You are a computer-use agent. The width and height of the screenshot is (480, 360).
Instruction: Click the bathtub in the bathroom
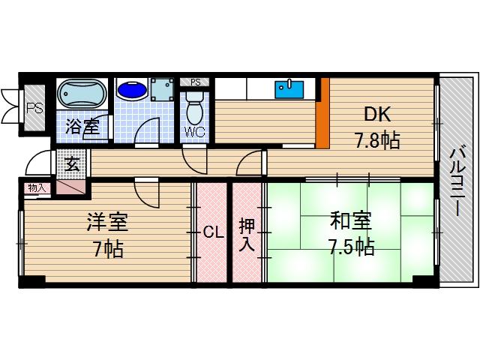coord(82,94)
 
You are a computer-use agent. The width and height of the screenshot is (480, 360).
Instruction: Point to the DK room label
coord(378,115)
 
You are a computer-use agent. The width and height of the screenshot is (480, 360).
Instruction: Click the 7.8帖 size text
coord(376,139)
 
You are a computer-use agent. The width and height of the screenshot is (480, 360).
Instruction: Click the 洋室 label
coord(107,223)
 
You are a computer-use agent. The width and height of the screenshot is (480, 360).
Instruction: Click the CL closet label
coord(214,232)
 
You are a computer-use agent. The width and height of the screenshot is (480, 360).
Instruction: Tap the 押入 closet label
coord(247,233)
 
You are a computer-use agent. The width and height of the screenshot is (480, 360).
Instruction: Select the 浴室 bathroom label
coord(82,127)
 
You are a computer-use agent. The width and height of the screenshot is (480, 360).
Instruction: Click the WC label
coord(194,133)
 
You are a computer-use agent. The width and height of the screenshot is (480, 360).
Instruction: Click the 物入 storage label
coord(36,187)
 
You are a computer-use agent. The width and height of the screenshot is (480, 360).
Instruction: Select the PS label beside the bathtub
coord(34,107)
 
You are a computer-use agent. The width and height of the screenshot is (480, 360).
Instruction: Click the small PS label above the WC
coord(195,82)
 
